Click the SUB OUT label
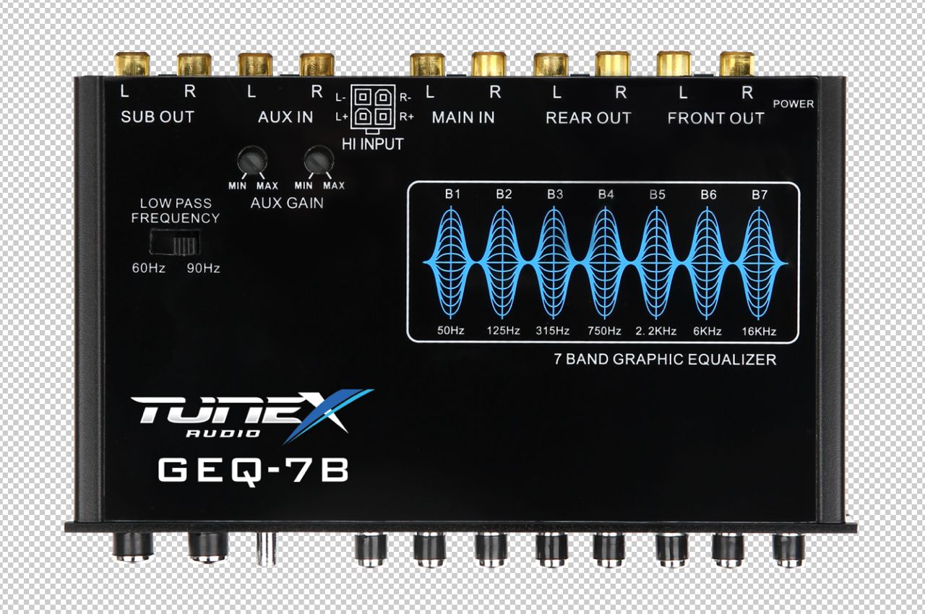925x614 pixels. (158, 117)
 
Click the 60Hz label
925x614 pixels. (148, 269)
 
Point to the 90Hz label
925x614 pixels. (203, 269)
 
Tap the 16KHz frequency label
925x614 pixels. (759, 331)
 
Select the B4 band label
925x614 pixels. (606, 194)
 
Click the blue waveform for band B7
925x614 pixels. (759, 264)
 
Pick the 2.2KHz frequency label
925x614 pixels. (656, 331)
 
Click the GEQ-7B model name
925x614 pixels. (254, 470)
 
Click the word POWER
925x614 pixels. (793, 104)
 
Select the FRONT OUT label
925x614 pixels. (715, 118)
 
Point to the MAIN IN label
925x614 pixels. (463, 118)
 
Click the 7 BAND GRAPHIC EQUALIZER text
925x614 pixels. (665, 360)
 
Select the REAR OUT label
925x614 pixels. (588, 118)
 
